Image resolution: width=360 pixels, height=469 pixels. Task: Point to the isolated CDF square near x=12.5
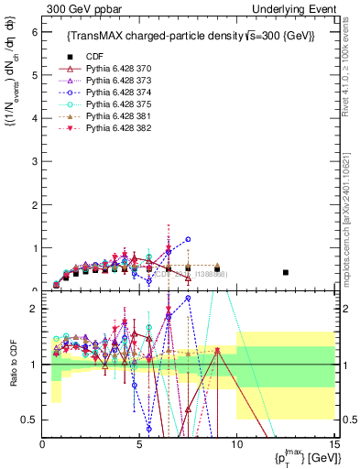(286, 272)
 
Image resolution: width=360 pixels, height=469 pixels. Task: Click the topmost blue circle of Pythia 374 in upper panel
(188, 239)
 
